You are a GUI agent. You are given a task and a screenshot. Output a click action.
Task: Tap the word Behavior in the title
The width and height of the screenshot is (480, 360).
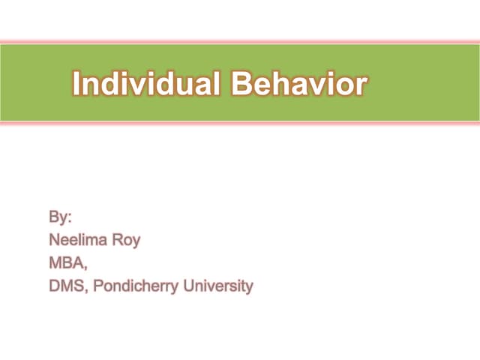(x=299, y=84)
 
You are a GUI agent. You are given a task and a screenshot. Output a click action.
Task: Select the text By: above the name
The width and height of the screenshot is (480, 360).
(x=60, y=218)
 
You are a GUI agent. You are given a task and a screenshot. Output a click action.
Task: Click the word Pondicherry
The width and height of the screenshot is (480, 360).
(x=132, y=286)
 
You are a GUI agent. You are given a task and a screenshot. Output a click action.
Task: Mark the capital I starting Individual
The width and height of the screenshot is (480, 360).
(x=77, y=84)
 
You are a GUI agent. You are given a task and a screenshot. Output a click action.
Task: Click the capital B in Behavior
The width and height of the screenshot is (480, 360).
(x=241, y=84)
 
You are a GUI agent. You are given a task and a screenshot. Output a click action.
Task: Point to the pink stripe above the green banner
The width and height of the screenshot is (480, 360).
(x=240, y=41)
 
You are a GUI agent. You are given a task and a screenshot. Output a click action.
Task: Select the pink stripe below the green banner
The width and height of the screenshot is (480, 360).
(x=240, y=124)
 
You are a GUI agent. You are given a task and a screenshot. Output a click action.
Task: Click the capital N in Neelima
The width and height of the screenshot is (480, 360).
(x=54, y=241)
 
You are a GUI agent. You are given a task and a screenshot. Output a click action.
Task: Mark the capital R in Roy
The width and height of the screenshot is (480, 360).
(x=115, y=241)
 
